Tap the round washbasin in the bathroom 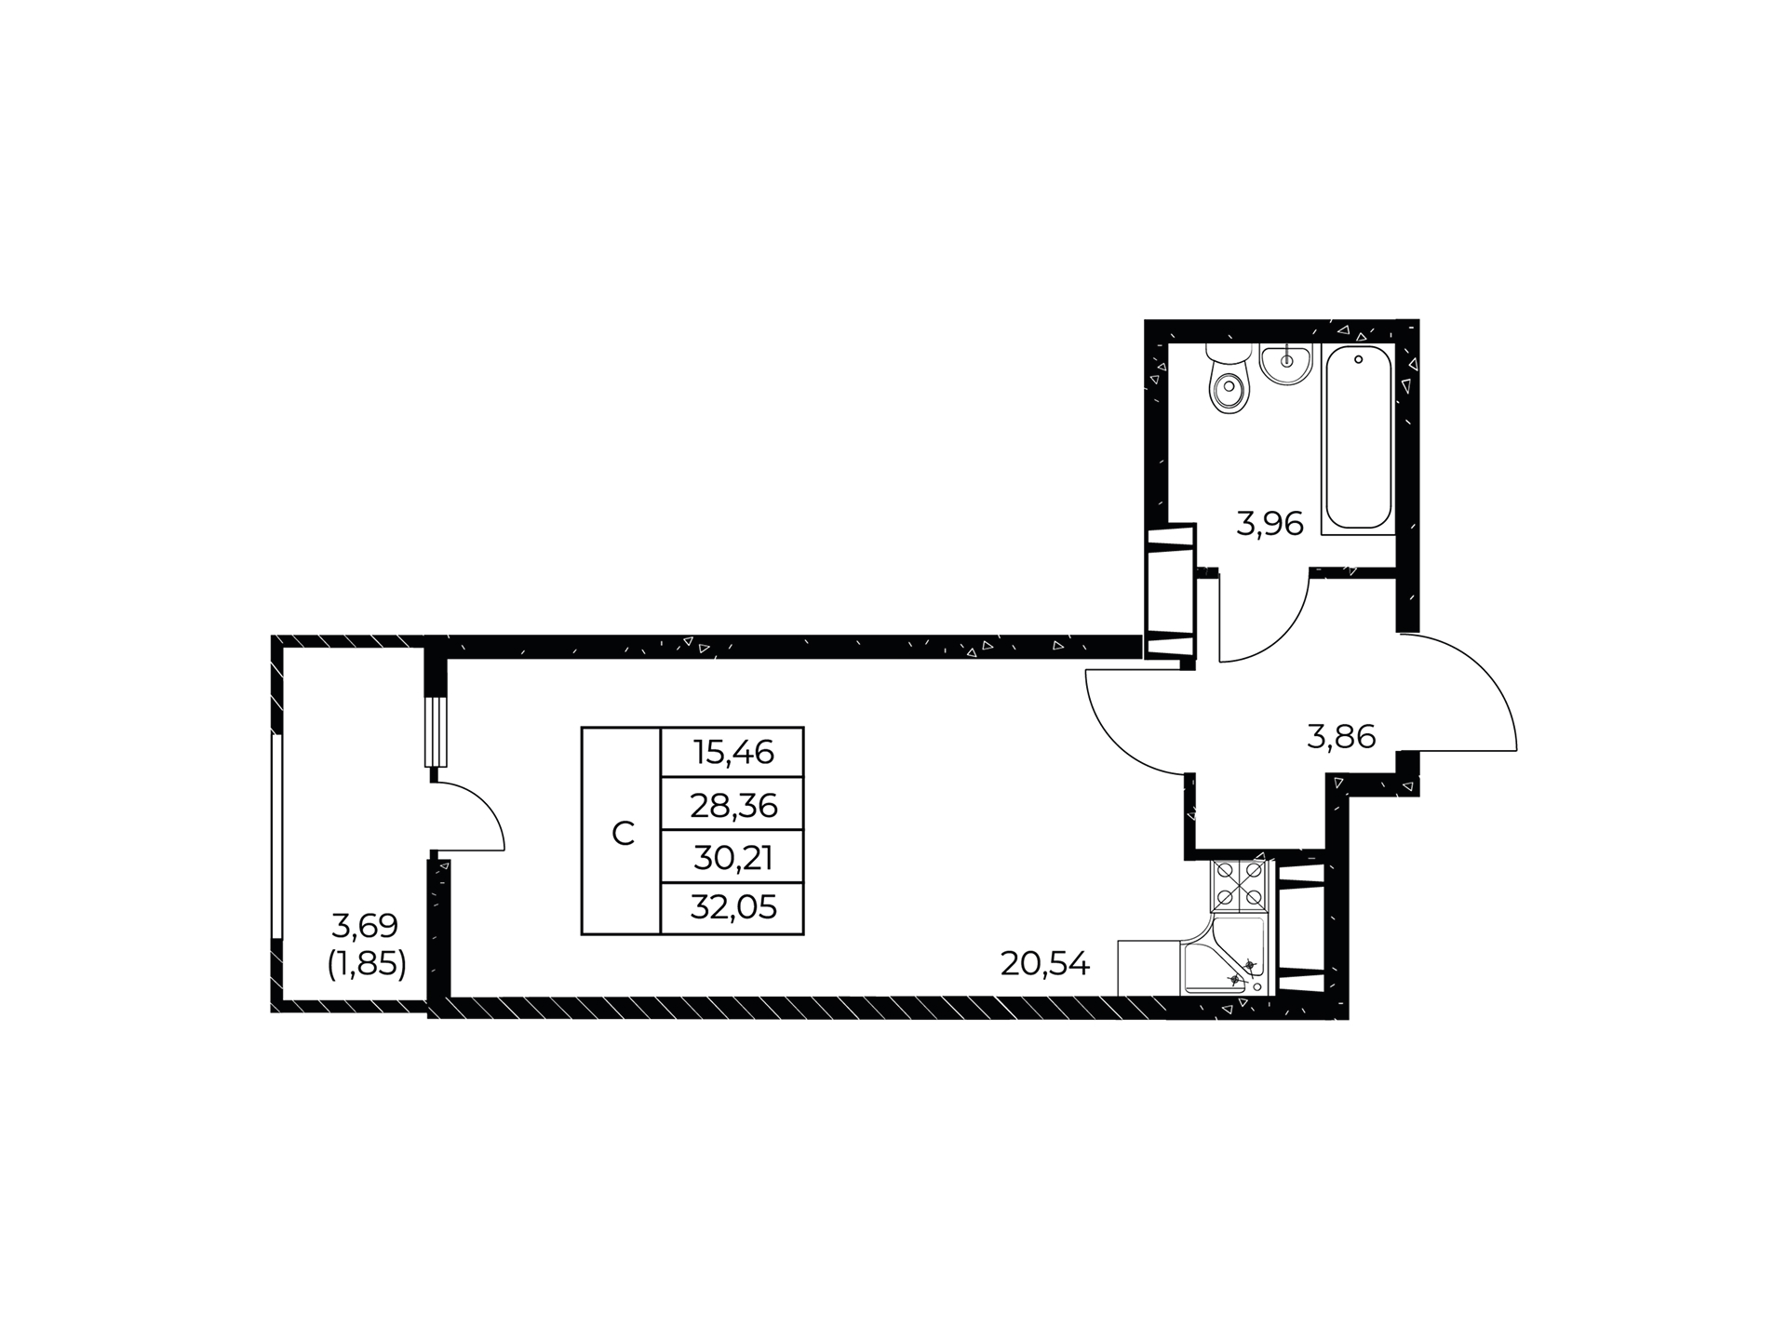pos(1287,362)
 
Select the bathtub pos(1358,439)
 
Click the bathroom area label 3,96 pos(1270,524)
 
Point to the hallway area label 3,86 pos(1341,737)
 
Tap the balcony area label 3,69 pos(365,925)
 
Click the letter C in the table pos(623,834)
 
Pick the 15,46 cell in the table pos(732,752)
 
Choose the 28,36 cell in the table pos(732,803)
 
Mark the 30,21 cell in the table pos(732,856)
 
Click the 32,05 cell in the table pos(732,907)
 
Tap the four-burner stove pos(1240,885)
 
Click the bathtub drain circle pos(1359,359)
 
